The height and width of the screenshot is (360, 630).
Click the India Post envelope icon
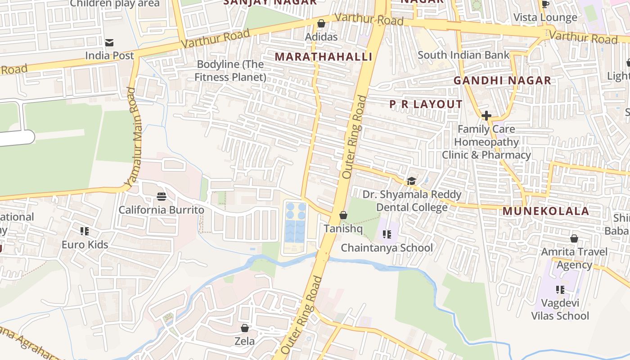click(109, 43)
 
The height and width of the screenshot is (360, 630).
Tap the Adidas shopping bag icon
click(321, 23)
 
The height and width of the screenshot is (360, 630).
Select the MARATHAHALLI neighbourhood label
click(324, 57)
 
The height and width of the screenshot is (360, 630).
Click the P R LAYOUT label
click(426, 104)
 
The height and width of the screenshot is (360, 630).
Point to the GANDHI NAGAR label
click(502, 81)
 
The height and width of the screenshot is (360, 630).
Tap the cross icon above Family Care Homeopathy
click(486, 116)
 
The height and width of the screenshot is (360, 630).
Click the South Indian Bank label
click(463, 55)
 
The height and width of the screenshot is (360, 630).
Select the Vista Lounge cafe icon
click(545, 4)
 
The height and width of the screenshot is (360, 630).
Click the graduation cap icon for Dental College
click(411, 181)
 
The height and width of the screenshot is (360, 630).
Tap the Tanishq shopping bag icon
click(343, 216)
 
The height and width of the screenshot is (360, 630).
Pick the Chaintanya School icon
click(387, 234)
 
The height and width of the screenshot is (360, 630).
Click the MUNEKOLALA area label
click(545, 211)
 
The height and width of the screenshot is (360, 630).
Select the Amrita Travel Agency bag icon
click(574, 238)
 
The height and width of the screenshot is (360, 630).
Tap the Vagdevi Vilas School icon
click(560, 290)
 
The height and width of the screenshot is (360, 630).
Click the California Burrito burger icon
click(162, 197)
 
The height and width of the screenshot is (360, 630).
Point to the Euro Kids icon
click(85, 231)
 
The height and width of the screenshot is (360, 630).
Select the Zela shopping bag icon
click(245, 328)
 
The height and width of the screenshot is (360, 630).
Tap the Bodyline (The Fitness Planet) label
click(230, 71)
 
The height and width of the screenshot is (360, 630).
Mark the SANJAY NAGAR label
click(270, 2)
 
